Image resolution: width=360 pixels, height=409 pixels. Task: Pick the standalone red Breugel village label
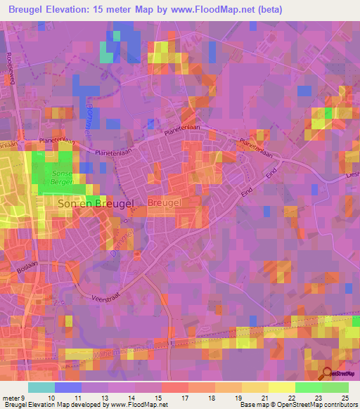tap(166, 202)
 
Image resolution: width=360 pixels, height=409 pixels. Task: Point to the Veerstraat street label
tap(105, 298)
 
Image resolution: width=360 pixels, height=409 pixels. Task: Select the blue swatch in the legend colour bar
tap(67, 388)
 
